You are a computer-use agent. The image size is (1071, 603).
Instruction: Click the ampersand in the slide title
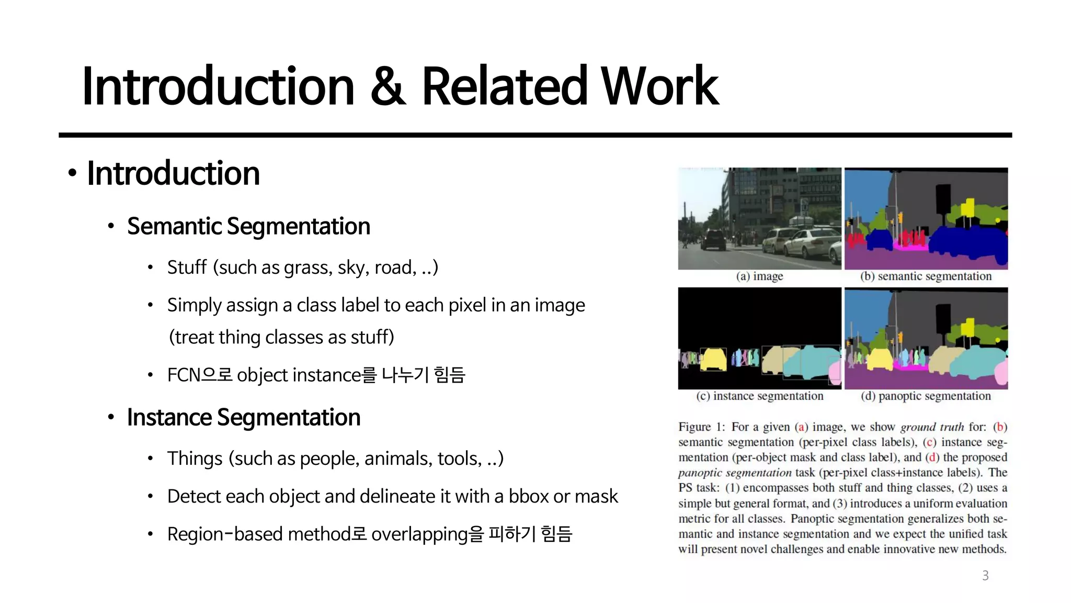(388, 86)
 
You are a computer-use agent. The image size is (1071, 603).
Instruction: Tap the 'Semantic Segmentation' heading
(248, 226)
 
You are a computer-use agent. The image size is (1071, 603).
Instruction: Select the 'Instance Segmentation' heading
(244, 417)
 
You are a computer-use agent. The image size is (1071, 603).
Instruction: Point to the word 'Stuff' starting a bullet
(187, 267)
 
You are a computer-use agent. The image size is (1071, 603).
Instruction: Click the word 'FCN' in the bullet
(184, 375)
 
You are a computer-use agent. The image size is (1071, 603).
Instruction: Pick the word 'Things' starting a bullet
(195, 459)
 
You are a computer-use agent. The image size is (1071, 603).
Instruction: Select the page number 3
(985, 576)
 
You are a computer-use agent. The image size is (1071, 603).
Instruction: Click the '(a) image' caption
(759, 276)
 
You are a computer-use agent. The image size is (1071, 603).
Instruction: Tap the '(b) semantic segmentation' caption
(926, 276)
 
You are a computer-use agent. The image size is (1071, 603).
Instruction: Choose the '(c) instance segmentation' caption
(759, 396)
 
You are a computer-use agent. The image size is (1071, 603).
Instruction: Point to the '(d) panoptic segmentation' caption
(926, 396)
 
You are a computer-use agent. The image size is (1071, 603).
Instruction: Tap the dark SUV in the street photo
(713, 240)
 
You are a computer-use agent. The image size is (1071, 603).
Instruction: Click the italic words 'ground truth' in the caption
(932, 427)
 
